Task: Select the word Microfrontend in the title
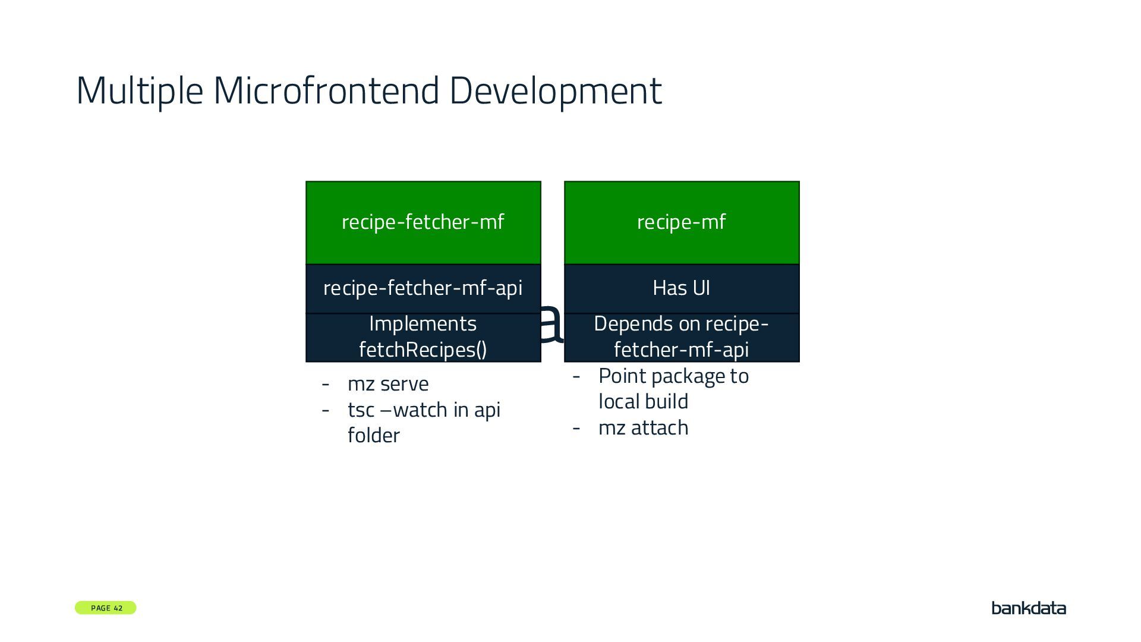tap(326, 91)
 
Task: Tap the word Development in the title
tap(555, 91)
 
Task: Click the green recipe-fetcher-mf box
tap(423, 222)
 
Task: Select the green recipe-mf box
tap(682, 222)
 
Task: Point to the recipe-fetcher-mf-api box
tap(423, 288)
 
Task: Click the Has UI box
tap(682, 288)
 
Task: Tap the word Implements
tap(423, 324)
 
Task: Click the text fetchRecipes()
tap(423, 350)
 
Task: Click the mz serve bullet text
tap(388, 384)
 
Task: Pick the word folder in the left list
tap(374, 436)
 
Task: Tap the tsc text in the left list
tap(361, 410)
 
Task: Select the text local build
tap(644, 402)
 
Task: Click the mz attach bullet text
tap(644, 428)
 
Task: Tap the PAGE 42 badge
tap(106, 608)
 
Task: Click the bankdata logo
tap(1029, 608)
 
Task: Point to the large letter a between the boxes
tap(551, 324)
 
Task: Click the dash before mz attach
tap(576, 428)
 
